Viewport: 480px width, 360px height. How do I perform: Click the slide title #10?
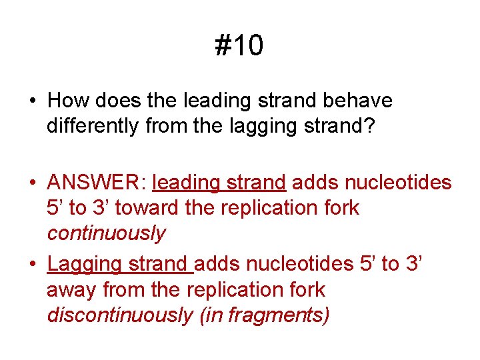pyautogui.click(x=239, y=46)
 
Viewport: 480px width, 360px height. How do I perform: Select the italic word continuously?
pyautogui.click(x=106, y=233)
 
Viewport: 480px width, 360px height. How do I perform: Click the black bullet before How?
pyautogui.click(x=33, y=101)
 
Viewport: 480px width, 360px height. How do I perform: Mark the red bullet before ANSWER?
pyautogui.click(x=33, y=183)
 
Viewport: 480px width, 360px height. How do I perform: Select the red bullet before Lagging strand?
pyautogui.click(x=33, y=265)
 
